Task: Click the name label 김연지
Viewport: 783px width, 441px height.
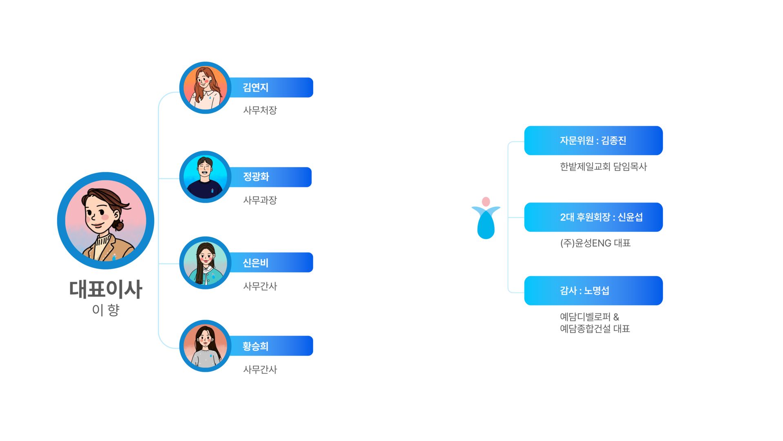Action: pos(256,87)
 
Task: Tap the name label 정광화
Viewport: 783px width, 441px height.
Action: pos(256,177)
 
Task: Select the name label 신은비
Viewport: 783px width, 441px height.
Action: pos(256,263)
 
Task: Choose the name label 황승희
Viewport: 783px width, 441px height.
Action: pos(256,346)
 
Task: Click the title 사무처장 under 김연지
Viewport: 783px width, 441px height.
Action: pos(260,110)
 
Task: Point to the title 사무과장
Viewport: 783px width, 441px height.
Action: pos(260,200)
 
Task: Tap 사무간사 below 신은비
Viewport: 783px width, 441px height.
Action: pos(260,286)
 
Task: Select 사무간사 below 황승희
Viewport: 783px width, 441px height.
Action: pos(260,370)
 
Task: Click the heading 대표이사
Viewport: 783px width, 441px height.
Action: pos(106,289)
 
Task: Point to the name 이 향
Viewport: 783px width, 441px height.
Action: pos(106,310)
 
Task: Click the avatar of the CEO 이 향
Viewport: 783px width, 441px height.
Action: pos(106,220)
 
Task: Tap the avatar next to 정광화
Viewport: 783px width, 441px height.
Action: pos(205,177)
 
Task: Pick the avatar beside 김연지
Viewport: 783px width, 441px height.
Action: pos(205,88)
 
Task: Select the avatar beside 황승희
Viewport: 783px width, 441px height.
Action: pos(205,346)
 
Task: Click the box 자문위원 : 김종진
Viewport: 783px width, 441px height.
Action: pos(593,140)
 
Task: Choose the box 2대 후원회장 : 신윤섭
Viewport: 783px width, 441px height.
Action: pos(593,217)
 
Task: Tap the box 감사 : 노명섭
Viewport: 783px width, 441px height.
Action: pos(593,291)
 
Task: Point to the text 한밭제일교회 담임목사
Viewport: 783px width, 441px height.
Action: pos(603,167)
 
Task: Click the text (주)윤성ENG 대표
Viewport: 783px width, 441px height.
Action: pos(595,243)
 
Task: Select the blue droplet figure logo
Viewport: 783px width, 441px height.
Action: pos(486,218)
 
